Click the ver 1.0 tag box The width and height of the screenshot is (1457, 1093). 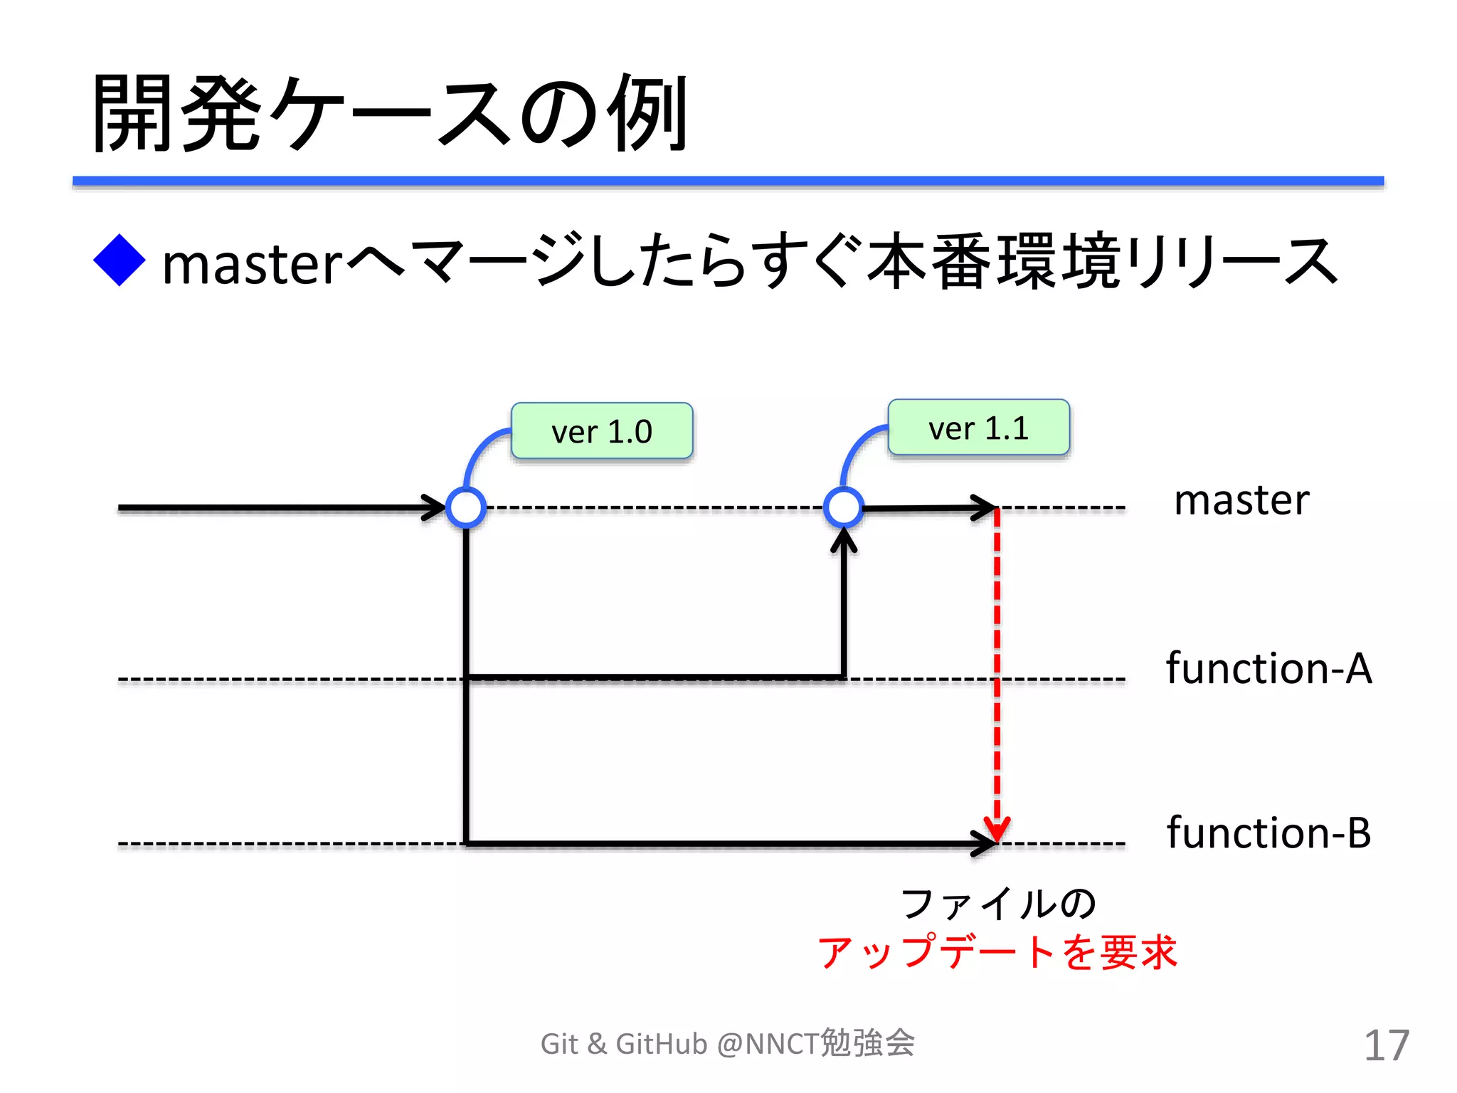pyautogui.click(x=602, y=431)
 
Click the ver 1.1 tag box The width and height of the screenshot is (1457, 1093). pyautogui.click(x=978, y=428)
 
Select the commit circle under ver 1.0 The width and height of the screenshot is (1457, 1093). pyautogui.click(x=466, y=508)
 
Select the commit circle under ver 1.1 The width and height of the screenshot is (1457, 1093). pyautogui.click(x=844, y=508)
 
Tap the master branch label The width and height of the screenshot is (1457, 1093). pyautogui.click(x=1241, y=500)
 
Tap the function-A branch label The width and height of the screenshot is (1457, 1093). pyautogui.click(x=1268, y=668)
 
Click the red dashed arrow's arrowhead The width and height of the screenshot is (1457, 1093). pyautogui.click(x=997, y=830)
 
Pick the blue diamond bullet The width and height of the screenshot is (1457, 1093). pyautogui.click(x=120, y=260)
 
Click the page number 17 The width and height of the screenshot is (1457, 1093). pyautogui.click(x=1386, y=1045)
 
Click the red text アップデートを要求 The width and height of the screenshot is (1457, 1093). pyautogui.click(x=997, y=952)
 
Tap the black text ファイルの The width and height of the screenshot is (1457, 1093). pyautogui.click(x=997, y=904)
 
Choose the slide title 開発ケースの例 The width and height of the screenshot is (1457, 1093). pyautogui.click(x=390, y=114)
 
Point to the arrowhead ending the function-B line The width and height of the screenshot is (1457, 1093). pyautogui.click(x=986, y=844)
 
